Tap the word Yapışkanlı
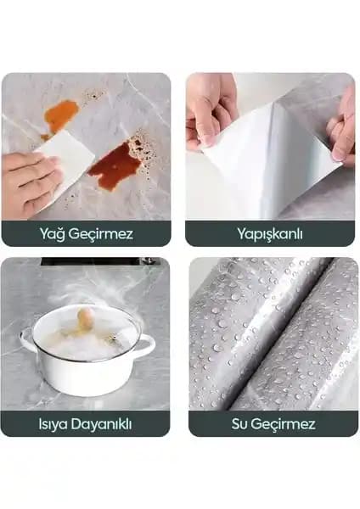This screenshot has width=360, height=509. (x=269, y=233)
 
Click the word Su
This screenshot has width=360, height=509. (x=240, y=423)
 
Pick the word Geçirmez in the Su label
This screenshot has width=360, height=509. (x=286, y=423)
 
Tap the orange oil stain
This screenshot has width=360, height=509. (x=60, y=116)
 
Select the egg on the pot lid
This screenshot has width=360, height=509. (x=85, y=318)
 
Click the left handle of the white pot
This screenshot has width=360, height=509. (x=27, y=342)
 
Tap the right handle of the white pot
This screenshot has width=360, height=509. (x=146, y=345)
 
